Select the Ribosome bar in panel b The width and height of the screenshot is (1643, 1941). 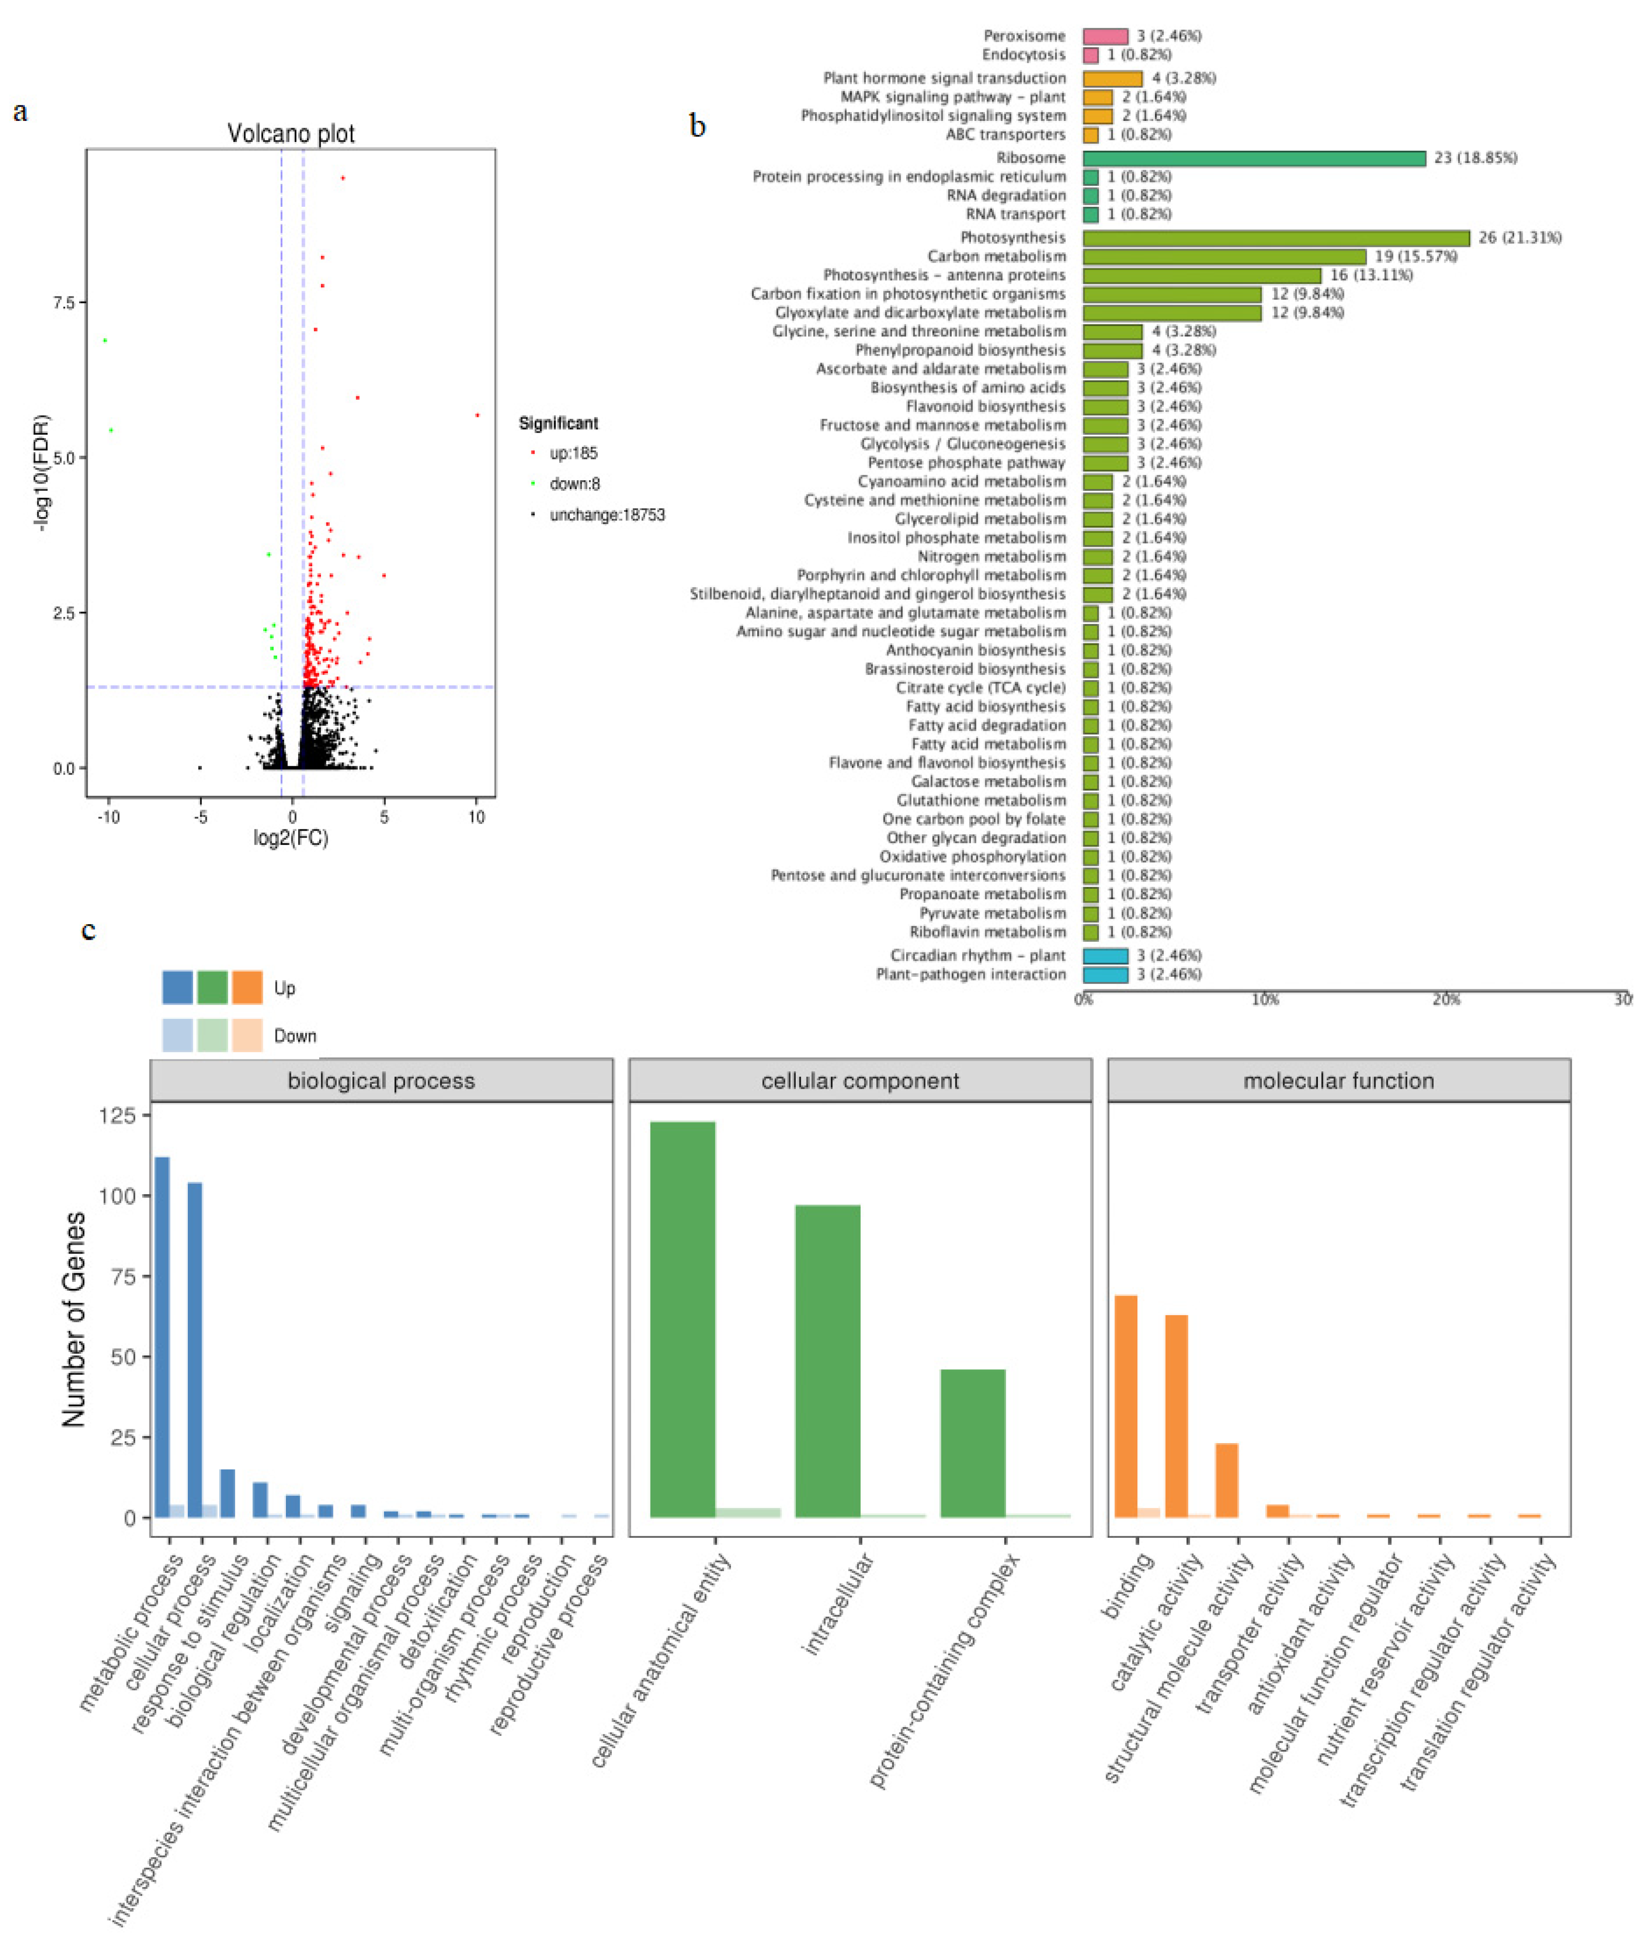(x=1254, y=158)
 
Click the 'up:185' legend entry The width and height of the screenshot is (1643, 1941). (x=573, y=454)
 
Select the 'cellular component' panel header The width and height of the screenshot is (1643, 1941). (x=860, y=1081)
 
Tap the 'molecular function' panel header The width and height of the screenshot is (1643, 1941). (x=1339, y=1081)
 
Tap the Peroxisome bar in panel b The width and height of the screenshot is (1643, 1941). (x=1104, y=36)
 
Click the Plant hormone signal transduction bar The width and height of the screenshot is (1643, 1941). (x=1112, y=78)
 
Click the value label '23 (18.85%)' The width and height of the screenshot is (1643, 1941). (x=1475, y=158)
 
